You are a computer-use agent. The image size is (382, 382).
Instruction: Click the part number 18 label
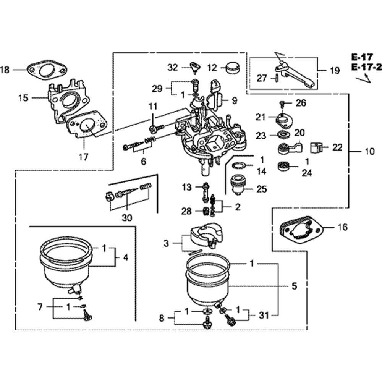pos(5,70)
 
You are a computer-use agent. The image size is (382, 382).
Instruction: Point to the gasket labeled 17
pos(87,126)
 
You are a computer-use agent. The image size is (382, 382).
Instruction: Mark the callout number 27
pos(262,78)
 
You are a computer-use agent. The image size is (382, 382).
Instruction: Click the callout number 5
pos(294,286)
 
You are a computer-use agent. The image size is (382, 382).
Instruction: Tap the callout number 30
pos(127,218)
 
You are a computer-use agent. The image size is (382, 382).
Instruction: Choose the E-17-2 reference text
pos(366,68)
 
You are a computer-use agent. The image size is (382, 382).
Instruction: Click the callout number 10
pos(369,152)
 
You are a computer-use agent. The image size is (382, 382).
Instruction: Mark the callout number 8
pos(162,317)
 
